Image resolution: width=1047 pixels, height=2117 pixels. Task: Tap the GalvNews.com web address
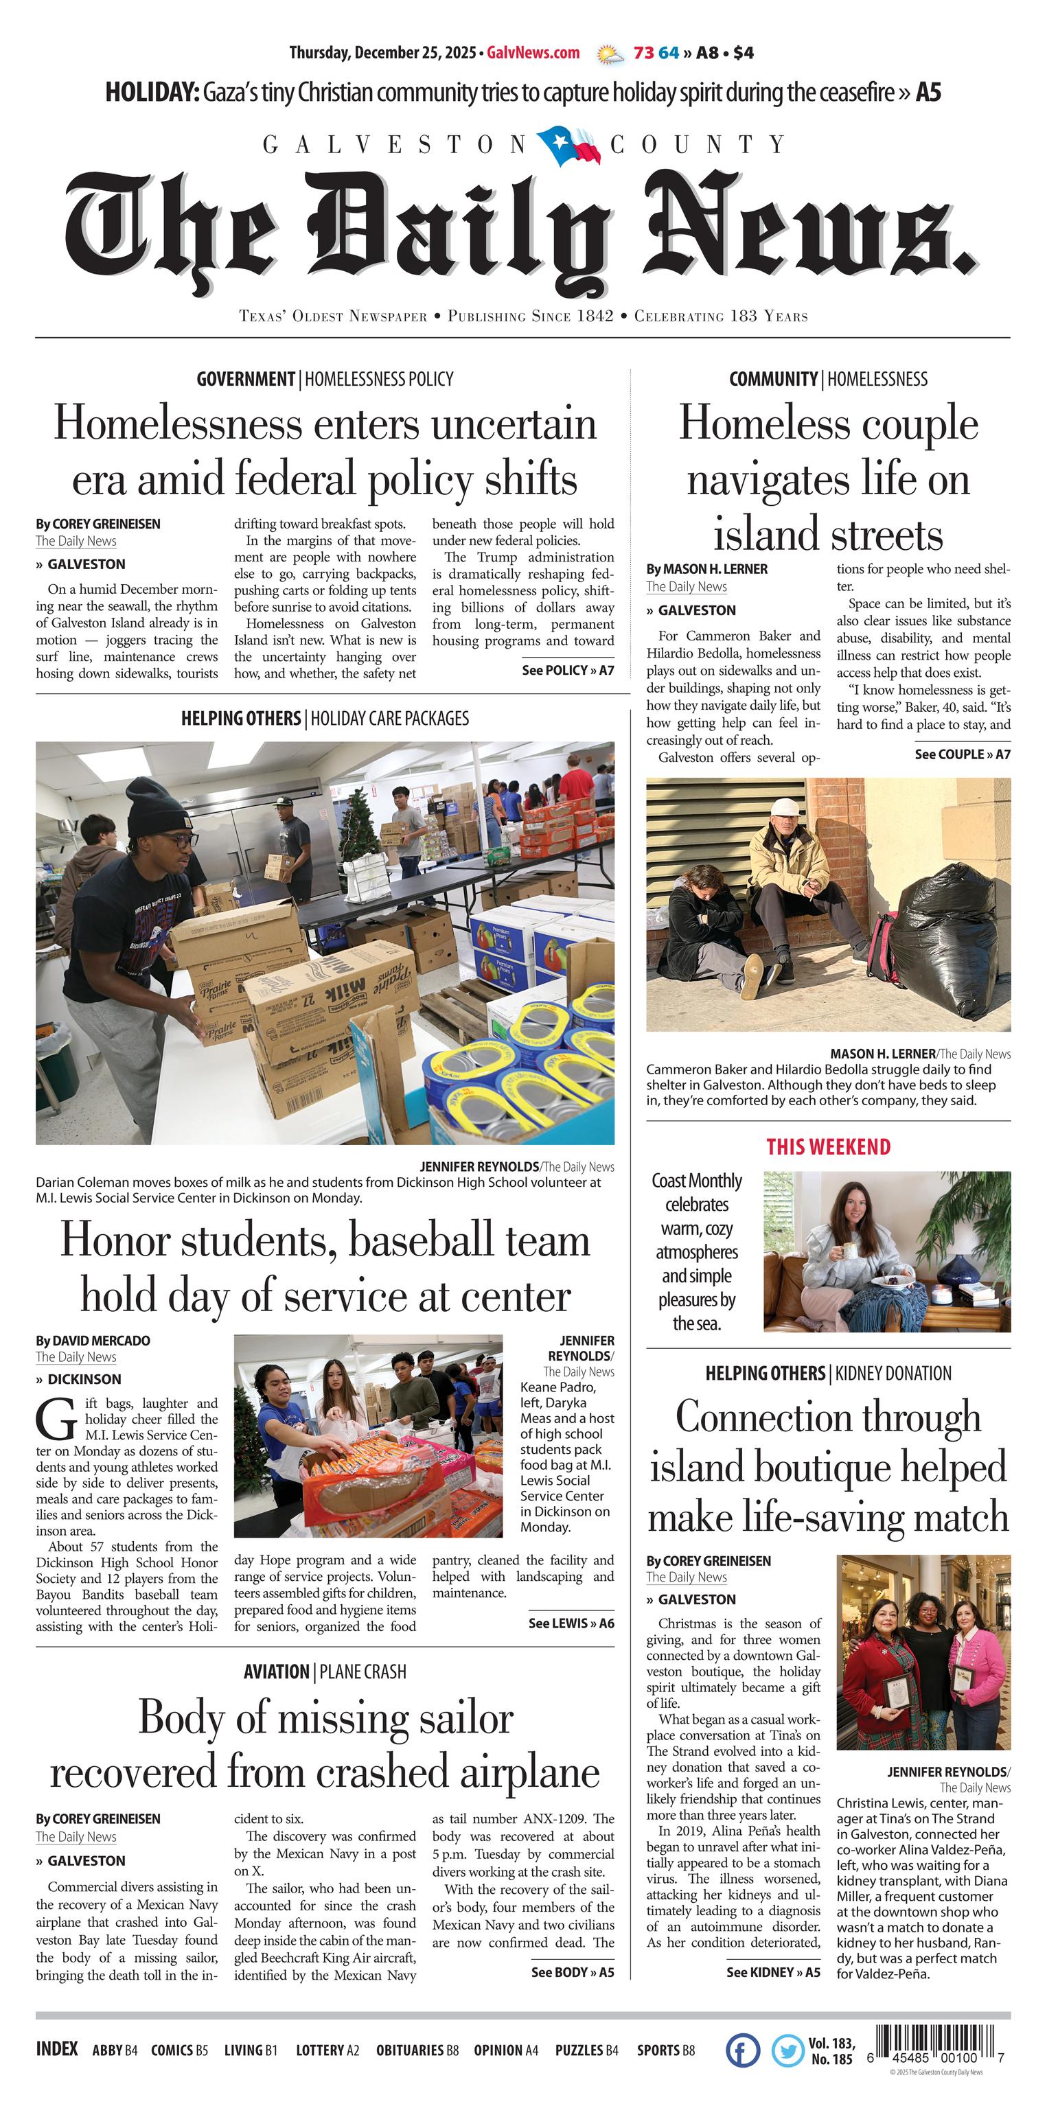pyautogui.click(x=533, y=54)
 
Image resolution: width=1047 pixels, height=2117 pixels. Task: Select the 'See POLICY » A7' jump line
pyautogui.click(x=568, y=670)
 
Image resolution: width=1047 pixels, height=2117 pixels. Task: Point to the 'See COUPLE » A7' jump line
pyautogui.click(x=963, y=754)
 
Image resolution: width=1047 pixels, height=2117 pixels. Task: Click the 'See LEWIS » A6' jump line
pyautogui.click(x=571, y=1622)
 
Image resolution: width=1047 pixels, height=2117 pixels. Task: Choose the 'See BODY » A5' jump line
pyautogui.click(x=572, y=1971)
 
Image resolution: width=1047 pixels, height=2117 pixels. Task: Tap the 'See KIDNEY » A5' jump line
pyautogui.click(x=772, y=1971)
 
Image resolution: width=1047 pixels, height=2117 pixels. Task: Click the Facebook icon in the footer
pyautogui.click(x=742, y=2050)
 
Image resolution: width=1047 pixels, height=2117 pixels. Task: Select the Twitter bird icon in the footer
pyautogui.click(x=787, y=2050)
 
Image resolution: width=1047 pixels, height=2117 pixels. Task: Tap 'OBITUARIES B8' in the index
pyautogui.click(x=417, y=2050)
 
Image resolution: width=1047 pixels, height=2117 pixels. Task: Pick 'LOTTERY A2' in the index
pyautogui.click(x=327, y=2050)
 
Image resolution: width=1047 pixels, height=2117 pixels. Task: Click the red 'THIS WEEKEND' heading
pyautogui.click(x=827, y=1146)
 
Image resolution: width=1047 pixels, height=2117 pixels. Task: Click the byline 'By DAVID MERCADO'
pyautogui.click(x=93, y=1341)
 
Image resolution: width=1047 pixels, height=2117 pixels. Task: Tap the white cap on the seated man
pyautogui.click(x=787, y=807)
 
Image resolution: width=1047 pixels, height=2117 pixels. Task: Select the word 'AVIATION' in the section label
pyautogui.click(x=276, y=1671)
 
